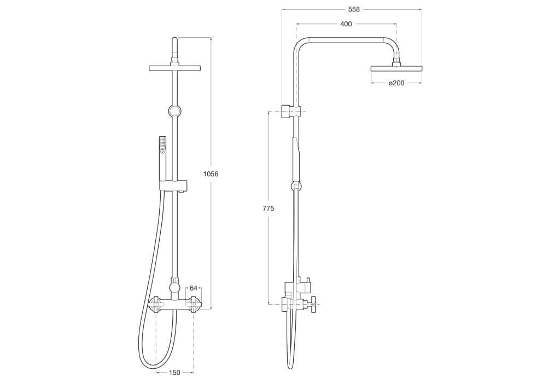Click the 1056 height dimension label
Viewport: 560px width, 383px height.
pos(211,174)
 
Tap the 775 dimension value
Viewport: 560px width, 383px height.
pos(268,208)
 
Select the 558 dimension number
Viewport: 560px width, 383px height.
pos(354,9)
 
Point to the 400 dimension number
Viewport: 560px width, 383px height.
pos(346,24)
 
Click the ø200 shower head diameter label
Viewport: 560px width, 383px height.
pos(396,83)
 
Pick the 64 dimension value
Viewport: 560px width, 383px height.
pos(193,288)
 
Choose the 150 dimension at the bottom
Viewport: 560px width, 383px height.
pos(174,373)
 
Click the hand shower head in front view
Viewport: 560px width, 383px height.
pos(162,145)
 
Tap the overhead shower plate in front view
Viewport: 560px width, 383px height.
pos(174,68)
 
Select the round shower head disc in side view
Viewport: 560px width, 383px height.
pos(396,68)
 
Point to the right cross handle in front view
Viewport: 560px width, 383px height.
pos(193,304)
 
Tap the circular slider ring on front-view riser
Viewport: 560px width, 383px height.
pos(174,111)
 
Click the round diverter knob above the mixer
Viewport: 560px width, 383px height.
pos(174,287)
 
